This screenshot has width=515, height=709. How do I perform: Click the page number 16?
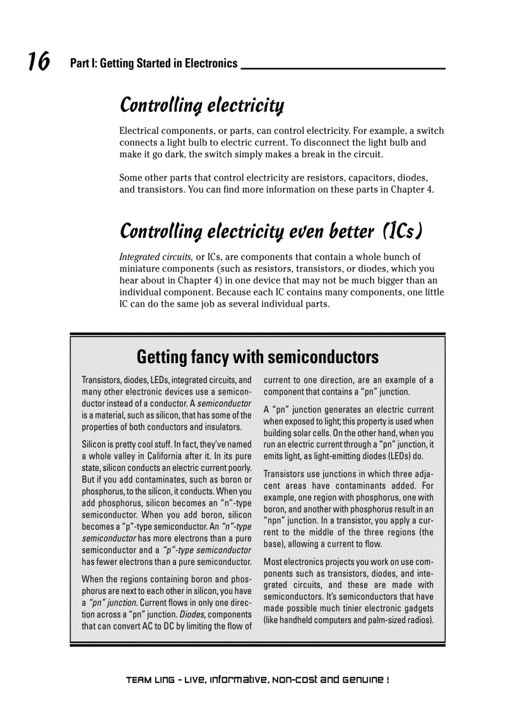(38, 62)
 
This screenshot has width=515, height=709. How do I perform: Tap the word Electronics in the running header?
(209, 64)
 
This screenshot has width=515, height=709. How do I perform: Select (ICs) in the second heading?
(403, 231)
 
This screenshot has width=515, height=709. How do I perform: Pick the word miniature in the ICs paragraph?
(141, 269)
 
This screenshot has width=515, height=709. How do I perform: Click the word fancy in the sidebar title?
(205, 358)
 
